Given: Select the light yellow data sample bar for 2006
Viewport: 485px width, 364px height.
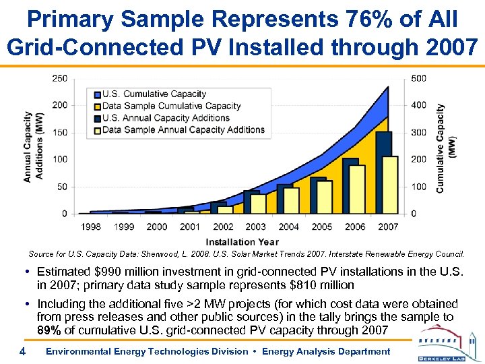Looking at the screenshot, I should tap(357, 189).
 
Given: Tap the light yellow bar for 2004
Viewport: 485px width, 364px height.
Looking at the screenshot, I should tap(291, 200).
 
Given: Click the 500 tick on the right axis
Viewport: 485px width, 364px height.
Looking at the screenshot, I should tap(418, 78).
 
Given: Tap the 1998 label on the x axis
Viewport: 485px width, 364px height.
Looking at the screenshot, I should tap(91, 226).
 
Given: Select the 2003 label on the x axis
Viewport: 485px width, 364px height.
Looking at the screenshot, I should tap(255, 226).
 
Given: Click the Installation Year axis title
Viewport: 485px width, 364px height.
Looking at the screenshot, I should tap(242, 241).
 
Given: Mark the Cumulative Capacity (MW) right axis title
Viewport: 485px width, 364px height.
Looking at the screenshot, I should tap(446, 148).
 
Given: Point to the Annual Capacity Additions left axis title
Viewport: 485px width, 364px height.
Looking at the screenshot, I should tap(33, 147).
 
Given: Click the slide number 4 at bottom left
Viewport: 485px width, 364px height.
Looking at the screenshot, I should tap(22, 351).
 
